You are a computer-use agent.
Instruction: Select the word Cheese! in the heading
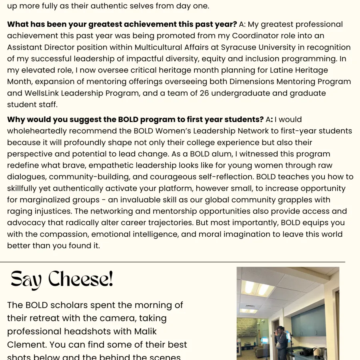coord(81,279)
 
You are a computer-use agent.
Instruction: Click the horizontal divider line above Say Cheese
coord(172,262)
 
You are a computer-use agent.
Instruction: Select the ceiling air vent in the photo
coord(250,306)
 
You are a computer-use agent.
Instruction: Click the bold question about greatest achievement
coord(122,24)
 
